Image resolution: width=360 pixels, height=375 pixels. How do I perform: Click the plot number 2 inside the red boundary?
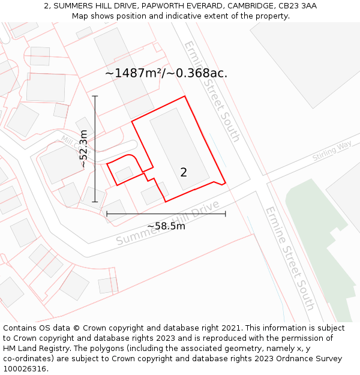(184, 173)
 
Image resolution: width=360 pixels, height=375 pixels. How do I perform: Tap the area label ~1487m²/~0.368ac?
(166, 73)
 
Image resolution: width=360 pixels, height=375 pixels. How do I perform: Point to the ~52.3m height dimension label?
(83, 149)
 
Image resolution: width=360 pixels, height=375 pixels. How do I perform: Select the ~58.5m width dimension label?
(166, 226)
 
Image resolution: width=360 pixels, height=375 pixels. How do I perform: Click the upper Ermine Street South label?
(212, 91)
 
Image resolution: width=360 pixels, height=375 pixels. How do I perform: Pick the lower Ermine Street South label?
(290, 258)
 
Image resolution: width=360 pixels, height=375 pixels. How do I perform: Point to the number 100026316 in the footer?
(25, 369)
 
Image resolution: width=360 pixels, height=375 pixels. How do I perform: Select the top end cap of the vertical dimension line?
(95, 96)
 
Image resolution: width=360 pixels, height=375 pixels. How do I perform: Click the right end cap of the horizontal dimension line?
(226, 213)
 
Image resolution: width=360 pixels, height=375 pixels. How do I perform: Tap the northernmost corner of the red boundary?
(184, 96)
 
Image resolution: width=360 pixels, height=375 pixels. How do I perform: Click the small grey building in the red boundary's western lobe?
(124, 174)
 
